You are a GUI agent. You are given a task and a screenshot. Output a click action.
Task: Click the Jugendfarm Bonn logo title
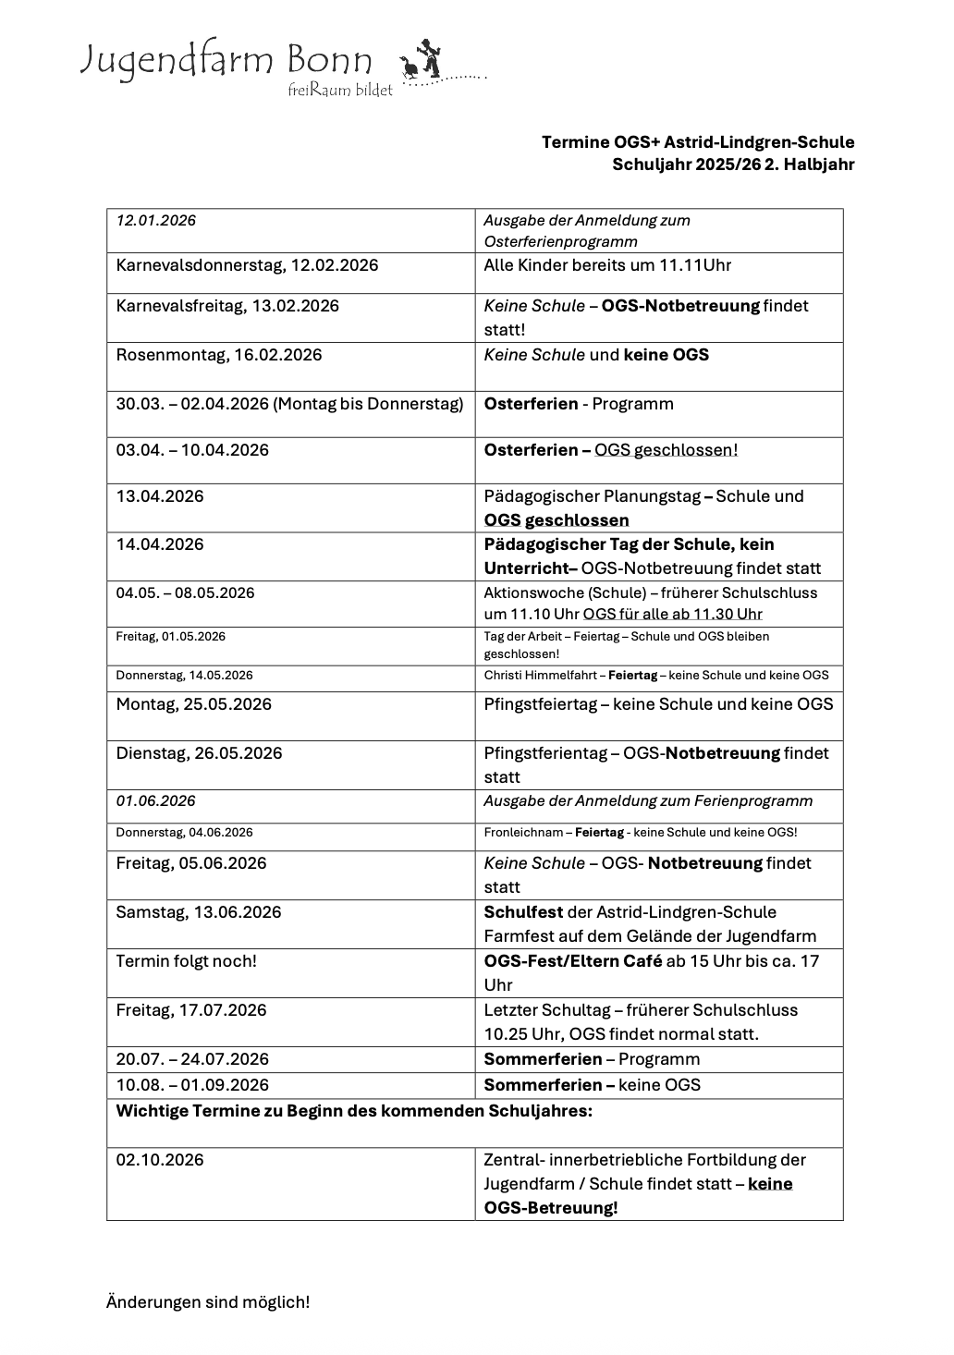pos(226,61)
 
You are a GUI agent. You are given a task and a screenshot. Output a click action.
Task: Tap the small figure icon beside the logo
pos(423,61)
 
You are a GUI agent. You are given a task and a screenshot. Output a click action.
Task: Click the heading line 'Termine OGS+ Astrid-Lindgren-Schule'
pos(698,142)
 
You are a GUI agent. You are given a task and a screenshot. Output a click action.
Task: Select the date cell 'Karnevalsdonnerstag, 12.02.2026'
pos(247,266)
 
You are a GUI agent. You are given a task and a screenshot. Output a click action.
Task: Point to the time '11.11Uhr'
pos(694,266)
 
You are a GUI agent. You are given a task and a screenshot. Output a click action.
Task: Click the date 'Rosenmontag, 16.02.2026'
pos(219,355)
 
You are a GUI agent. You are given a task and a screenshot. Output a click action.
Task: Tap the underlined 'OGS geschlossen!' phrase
pos(666,450)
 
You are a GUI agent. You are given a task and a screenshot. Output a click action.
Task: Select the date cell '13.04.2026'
pos(160,496)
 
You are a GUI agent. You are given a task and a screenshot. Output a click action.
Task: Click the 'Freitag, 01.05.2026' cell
pos(171,637)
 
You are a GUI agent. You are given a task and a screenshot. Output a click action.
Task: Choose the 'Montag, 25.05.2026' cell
pos(194,704)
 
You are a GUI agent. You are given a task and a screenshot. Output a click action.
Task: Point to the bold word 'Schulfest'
pos(523,912)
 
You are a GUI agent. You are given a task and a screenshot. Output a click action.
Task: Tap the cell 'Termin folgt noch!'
pos(186,961)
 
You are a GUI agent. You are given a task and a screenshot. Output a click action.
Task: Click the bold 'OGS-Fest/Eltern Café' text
pos(573,961)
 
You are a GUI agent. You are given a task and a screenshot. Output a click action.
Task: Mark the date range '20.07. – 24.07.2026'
pos(192,1059)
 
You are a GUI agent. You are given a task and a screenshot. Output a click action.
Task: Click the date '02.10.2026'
pos(160,1160)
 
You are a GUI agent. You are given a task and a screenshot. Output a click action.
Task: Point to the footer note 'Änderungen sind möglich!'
pos(208,1302)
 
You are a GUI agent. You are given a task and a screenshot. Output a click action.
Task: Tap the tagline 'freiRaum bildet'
pos(340,91)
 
